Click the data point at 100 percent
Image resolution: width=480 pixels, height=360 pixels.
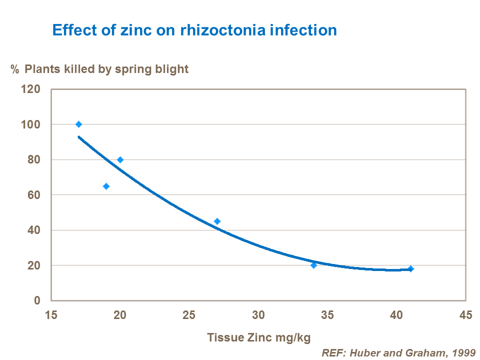click(78, 124)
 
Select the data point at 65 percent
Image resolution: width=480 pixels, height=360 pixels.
click(106, 186)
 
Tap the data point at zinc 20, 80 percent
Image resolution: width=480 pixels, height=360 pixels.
click(120, 159)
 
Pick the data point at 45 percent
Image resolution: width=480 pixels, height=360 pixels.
click(217, 221)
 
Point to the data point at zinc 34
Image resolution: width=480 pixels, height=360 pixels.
click(313, 265)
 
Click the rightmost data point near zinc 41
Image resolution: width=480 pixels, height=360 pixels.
click(410, 268)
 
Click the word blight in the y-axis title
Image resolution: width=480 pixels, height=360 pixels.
click(172, 69)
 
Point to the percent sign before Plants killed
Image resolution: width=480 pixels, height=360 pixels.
click(15, 69)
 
